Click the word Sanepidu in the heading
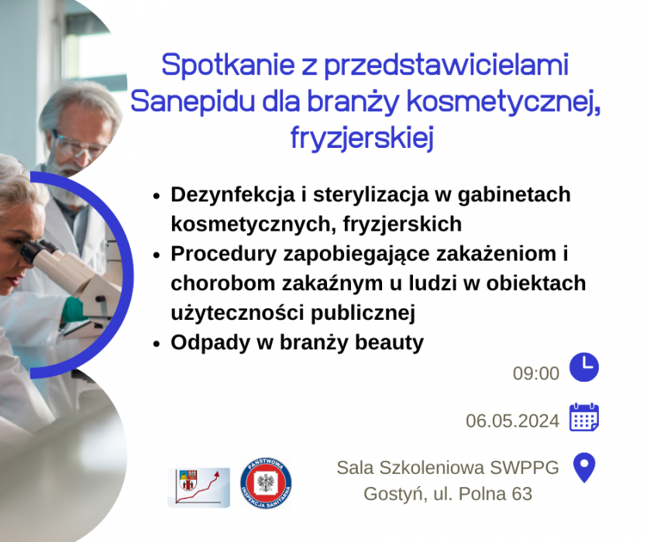coord(192,102)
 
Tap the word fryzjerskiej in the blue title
coord(363,138)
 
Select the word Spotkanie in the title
coord(228,65)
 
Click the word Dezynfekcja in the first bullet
coord(232,195)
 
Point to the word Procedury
coord(224,254)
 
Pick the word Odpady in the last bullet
coord(211,343)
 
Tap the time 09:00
coord(536,373)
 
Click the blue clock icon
coord(584,367)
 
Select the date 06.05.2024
coord(512,421)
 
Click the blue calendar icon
coord(584,417)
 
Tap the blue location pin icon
coord(584,468)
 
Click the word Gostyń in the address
coord(395,494)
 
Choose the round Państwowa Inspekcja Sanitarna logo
coord(266,483)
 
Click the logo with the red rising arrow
coord(199,488)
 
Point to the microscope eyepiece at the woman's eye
coord(33,250)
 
